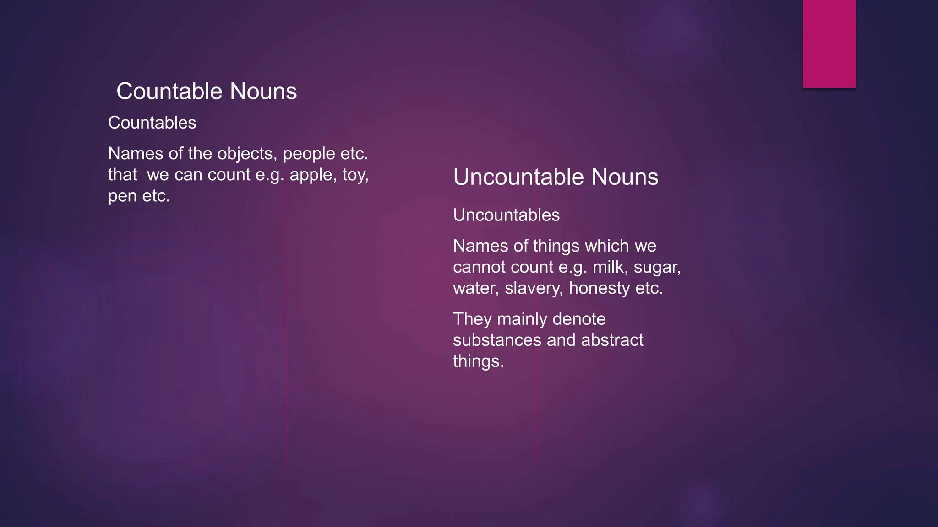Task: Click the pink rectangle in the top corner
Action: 829,43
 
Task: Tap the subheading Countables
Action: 152,123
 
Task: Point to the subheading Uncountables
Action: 506,215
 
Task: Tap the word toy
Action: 355,175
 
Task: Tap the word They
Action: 472,319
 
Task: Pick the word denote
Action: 579,319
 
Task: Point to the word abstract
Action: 612,340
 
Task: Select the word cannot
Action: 478,267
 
